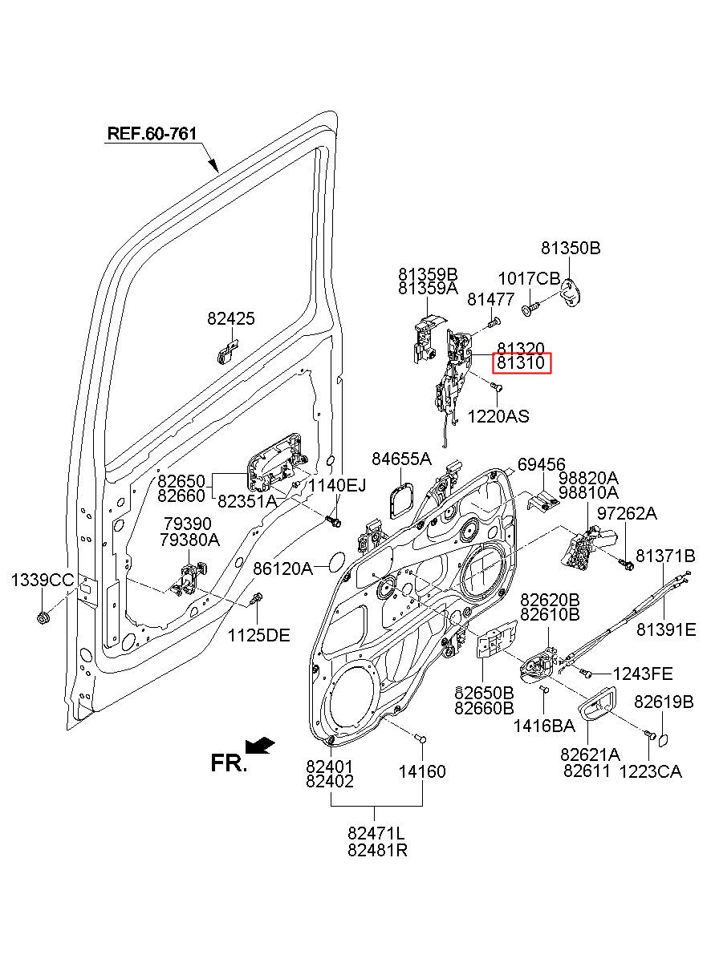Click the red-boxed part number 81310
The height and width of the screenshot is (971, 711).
pos(521,362)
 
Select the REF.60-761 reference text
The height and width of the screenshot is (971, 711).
pos(152,133)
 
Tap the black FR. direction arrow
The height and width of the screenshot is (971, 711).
pos(259,745)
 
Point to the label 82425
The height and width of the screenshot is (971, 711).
pos(231,318)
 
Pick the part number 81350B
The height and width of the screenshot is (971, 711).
pos(571,249)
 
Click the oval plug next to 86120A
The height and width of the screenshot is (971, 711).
pos(335,562)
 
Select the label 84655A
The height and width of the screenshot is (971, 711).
pos(402,459)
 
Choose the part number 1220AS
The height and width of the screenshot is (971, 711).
pos(498,416)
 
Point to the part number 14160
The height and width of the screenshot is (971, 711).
pos(422,771)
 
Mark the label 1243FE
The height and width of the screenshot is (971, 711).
pos(643,674)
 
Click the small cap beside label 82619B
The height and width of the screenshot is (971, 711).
pos(663,739)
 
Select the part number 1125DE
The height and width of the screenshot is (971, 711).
pos(259,636)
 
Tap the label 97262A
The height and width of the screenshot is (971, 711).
pos(627,514)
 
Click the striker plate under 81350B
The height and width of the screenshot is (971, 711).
pos(570,293)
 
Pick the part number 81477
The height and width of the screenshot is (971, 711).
pos(490,299)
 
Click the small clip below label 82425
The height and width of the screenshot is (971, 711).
pos(226,352)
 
